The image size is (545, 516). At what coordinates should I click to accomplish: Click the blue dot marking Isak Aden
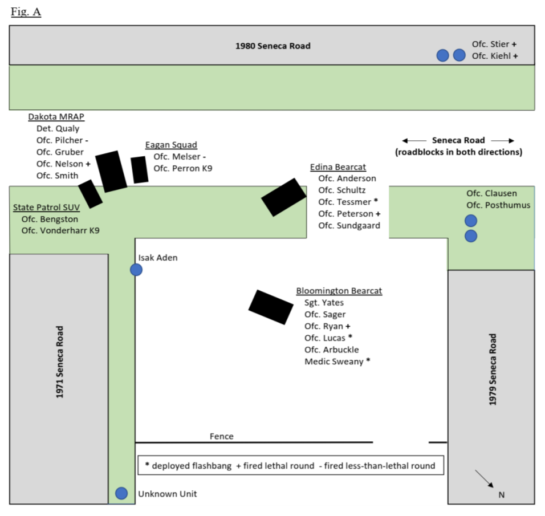(136, 270)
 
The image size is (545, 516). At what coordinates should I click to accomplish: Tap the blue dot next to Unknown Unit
(121, 493)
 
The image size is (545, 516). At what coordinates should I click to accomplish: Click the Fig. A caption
(26, 12)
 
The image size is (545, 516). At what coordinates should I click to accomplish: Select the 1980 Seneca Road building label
(272, 46)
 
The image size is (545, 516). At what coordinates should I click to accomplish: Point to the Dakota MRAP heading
(56, 117)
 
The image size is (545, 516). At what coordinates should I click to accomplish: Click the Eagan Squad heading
(171, 145)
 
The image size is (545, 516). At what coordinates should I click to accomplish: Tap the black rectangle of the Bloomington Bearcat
(271, 307)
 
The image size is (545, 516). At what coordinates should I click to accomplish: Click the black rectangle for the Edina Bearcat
(284, 197)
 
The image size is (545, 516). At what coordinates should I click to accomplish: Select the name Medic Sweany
(333, 361)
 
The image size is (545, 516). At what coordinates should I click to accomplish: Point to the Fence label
(221, 436)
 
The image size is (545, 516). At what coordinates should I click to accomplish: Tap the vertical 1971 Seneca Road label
(60, 361)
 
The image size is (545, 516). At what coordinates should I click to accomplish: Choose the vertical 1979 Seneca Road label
(493, 369)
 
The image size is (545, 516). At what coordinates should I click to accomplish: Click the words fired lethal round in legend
(279, 466)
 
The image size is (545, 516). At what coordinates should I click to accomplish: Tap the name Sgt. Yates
(324, 303)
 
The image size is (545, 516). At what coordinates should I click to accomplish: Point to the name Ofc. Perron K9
(182, 168)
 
